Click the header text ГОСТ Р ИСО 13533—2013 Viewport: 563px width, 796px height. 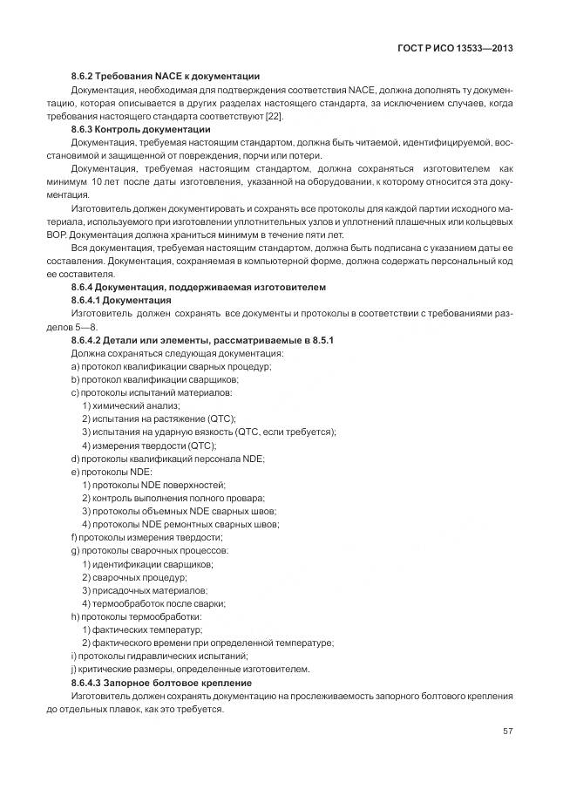click(456, 49)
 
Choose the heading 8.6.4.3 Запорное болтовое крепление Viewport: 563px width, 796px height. click(161, 683)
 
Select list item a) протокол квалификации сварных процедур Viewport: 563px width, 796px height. click(171, 366)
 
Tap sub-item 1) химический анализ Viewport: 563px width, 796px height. click(131, 405)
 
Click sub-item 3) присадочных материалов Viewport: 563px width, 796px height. click(145, 590)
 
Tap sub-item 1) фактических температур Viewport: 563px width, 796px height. click(142, 629)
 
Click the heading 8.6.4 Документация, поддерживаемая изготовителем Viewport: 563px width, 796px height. click(198, 286)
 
